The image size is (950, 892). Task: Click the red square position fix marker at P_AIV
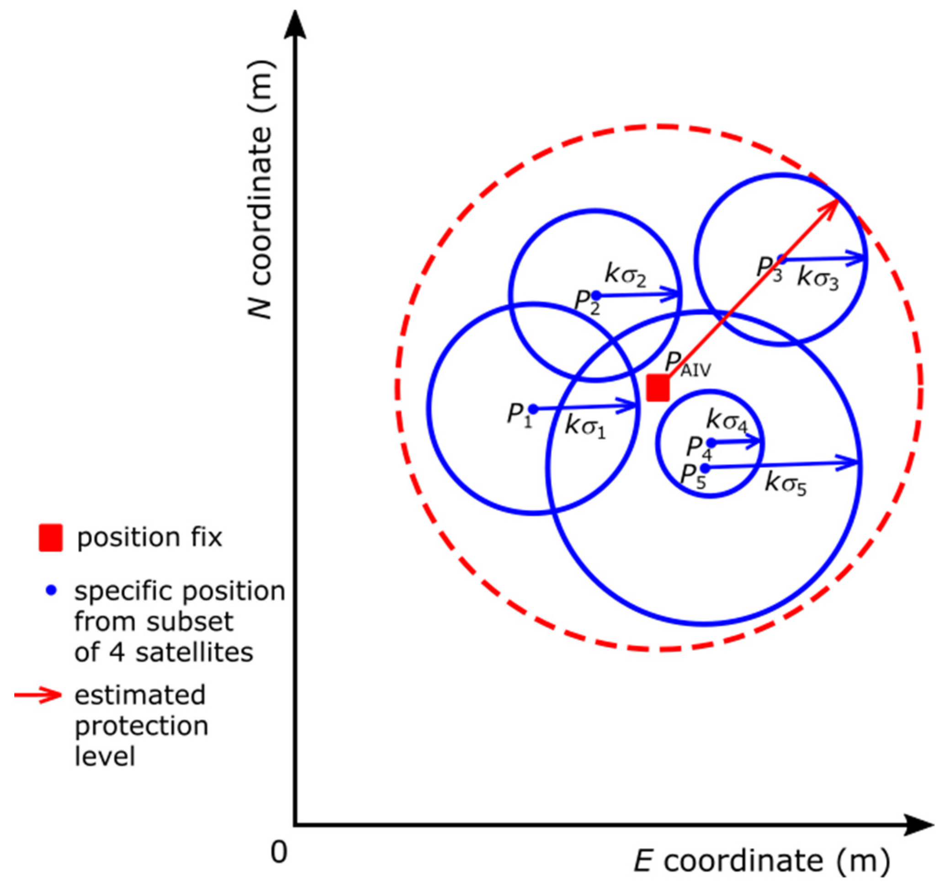[658, 388]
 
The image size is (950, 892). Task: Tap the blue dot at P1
[533, 409]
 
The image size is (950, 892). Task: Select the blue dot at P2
[596, 296]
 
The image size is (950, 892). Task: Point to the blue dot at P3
[782, 260]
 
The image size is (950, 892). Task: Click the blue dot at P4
[711, 443]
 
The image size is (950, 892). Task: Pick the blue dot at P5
[705, 468]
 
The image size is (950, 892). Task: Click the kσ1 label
[585, 426]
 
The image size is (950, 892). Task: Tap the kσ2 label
[626, 275]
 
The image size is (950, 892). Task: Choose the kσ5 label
[785, 484]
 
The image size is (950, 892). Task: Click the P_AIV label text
[688, 365]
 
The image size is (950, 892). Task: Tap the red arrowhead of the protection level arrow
[832, 206]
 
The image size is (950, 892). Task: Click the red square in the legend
[51, 538]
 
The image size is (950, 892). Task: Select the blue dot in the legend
[51, 591]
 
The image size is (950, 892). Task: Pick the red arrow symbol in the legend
[38, 695]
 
